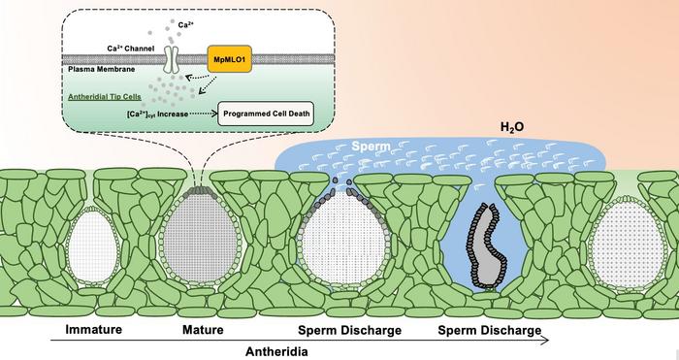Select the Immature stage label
[x=93, y=331]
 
